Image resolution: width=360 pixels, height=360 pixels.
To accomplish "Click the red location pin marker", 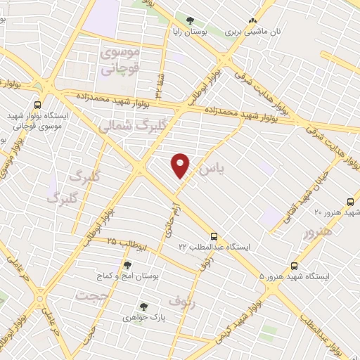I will [181, 166].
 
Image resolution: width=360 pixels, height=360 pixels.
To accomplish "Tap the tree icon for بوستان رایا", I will [191, 20].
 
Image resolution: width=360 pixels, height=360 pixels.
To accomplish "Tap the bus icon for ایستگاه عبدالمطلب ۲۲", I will [214, 237].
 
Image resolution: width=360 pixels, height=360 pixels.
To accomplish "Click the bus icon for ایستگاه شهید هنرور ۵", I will [294, 266].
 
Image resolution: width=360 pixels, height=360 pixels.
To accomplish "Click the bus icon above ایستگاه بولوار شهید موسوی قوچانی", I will [34, 101].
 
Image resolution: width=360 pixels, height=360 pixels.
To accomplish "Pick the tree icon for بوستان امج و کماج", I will [127, 265].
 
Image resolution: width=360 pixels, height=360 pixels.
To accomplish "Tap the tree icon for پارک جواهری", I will [143, 307].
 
